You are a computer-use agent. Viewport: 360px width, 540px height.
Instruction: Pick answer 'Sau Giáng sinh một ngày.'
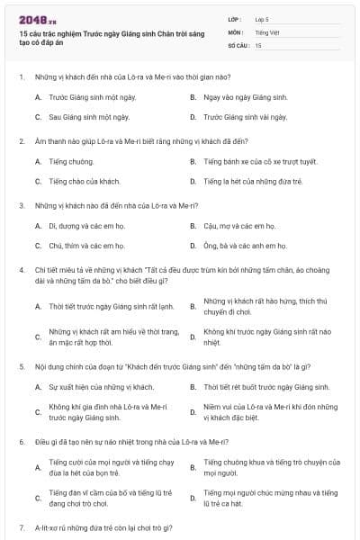[x=89, y=116]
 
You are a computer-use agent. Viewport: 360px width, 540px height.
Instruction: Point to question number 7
[x=21, y=526]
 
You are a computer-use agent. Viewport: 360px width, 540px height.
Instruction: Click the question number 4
[x=21, y=269]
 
